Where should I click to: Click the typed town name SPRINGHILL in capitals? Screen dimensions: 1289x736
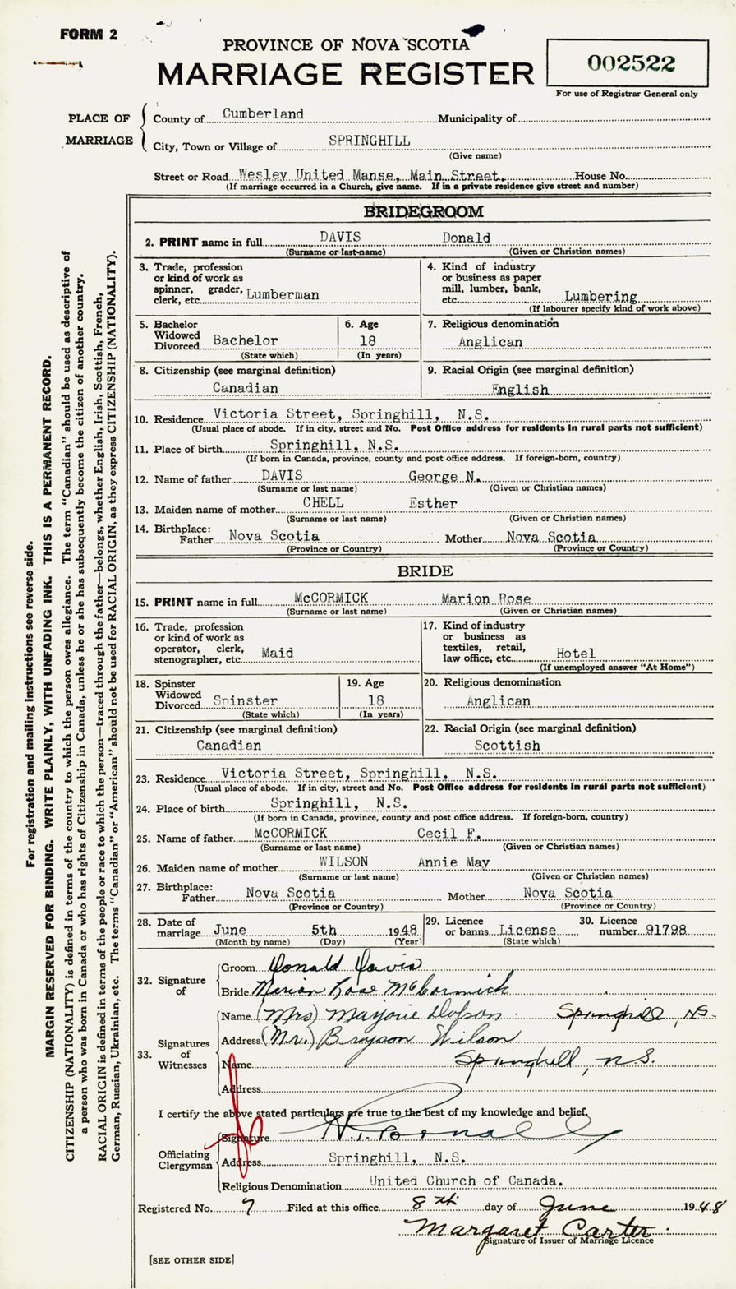pyautogui.click(x=369, y=141)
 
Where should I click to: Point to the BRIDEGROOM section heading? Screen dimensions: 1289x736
pyautogui.click(x=424, y=212)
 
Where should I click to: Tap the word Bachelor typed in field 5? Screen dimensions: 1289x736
pyautogui.click(x=245, y=339)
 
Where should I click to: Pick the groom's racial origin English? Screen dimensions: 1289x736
pyautogui.click(x=519, y=389)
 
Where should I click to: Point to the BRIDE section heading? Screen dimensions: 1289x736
pyautogui.click(x=424, y=571)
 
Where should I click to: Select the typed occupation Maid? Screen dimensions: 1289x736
pyautogui.click(x=278, y=652)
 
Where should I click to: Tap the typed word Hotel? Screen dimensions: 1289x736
pyautogui.click(x=576, y=654)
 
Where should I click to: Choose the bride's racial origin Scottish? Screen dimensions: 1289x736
pyautogui.click(x=507, y=746)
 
